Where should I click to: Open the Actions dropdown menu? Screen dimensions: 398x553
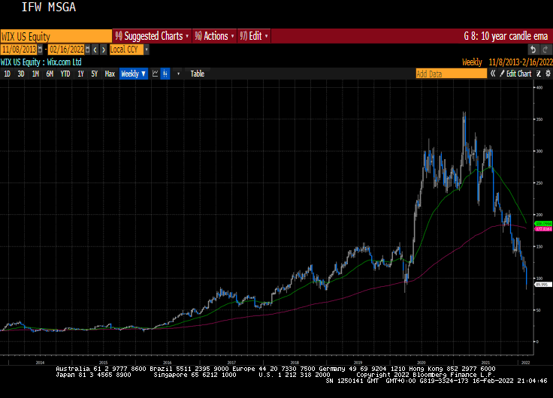coord(214,36)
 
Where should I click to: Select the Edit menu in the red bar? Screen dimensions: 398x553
coord(254,36)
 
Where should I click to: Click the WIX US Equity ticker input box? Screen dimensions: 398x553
coord(56,36)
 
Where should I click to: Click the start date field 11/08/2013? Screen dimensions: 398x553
coord(20,50)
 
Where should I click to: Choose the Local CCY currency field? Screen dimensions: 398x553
coord(125,50)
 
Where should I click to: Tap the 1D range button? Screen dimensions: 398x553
coord(7,74)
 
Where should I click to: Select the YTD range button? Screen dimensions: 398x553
coord(65,74)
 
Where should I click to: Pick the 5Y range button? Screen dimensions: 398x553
coord(94,74)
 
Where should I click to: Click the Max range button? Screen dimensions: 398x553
coord(110,74)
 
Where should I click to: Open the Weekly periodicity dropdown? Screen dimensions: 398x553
coord(133,74)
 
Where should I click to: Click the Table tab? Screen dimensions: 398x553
coord(197,74)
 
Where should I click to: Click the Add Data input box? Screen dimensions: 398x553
coord(449,74)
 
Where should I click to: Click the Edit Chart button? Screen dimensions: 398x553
coord(518,74)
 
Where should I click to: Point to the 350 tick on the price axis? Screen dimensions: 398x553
coord(539,119)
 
